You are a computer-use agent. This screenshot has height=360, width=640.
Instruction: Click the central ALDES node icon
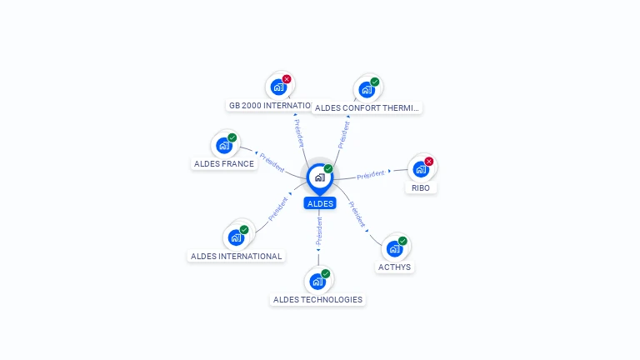point(319,177)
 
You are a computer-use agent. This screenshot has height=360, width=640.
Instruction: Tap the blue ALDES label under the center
point(320,203)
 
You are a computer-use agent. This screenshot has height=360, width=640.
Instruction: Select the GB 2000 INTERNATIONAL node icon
point(278,87)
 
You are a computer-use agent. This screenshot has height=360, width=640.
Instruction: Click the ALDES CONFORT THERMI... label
point(367,107)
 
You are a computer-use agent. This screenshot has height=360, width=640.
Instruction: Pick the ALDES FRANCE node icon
point(224,145)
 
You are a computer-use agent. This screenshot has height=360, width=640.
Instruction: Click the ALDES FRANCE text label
point(224,164)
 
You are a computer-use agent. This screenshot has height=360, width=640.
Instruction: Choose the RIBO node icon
point(421,168)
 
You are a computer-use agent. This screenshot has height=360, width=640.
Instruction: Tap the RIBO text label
point(421,188)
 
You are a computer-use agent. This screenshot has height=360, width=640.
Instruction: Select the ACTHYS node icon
point(395,248)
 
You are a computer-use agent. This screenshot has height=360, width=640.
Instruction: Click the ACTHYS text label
point(395,267)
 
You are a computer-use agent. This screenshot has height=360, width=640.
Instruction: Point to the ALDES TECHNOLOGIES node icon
point(317,281)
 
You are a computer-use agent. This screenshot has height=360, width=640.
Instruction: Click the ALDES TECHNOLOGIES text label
point(317,300)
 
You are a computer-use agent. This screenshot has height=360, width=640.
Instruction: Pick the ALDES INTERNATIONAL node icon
point(236,237)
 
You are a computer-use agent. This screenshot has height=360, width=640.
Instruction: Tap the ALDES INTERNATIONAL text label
point(237,257)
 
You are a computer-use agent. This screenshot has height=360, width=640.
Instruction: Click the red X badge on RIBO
point(429,161)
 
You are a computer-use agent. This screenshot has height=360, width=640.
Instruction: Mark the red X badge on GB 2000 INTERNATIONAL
point(287,79)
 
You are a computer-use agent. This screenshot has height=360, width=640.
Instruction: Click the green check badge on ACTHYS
point(402,241)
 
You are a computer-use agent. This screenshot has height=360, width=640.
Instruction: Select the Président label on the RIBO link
point(371,174)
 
